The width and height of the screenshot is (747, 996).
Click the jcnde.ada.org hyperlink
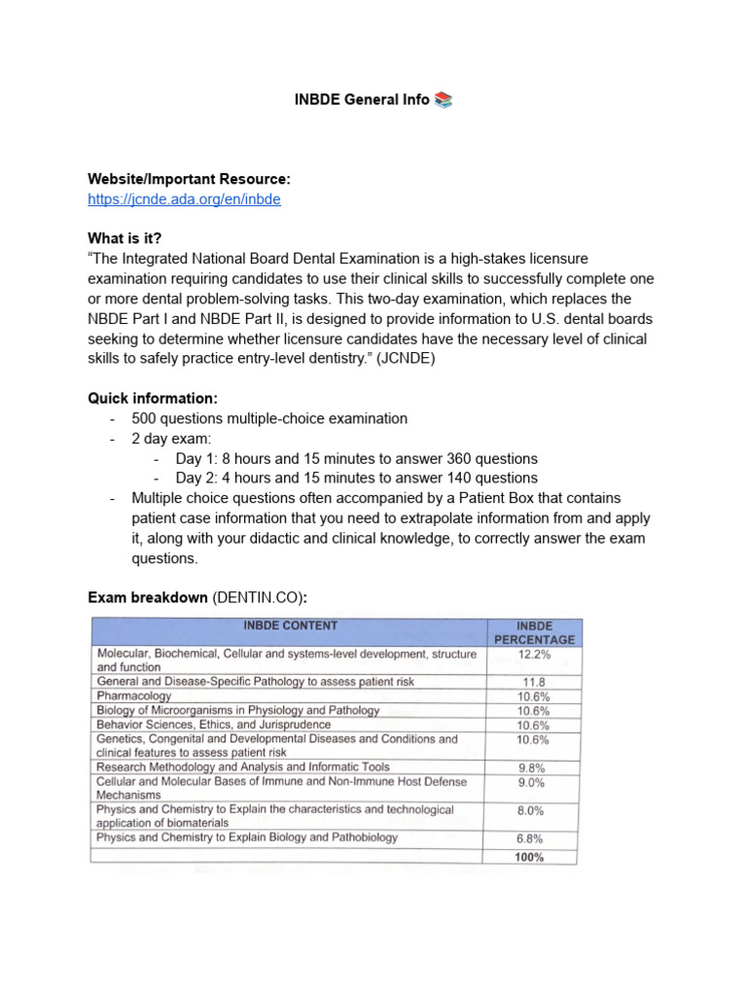[185, 198]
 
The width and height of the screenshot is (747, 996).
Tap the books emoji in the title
[444, 100]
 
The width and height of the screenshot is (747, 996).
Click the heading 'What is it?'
[124, 237]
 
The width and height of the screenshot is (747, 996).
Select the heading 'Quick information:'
[152, 399]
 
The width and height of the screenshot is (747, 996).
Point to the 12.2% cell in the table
[533, 656]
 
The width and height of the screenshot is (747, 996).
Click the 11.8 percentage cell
[533, 682]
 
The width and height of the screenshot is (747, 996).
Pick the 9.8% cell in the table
[532, 767]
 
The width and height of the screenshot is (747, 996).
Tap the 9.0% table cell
[532, 782]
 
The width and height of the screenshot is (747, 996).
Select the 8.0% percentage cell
[532, 810]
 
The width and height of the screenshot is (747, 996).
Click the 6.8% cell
[532, 838]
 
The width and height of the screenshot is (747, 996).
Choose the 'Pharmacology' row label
[134, 696]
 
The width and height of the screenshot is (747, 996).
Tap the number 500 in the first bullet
[145, 419]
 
